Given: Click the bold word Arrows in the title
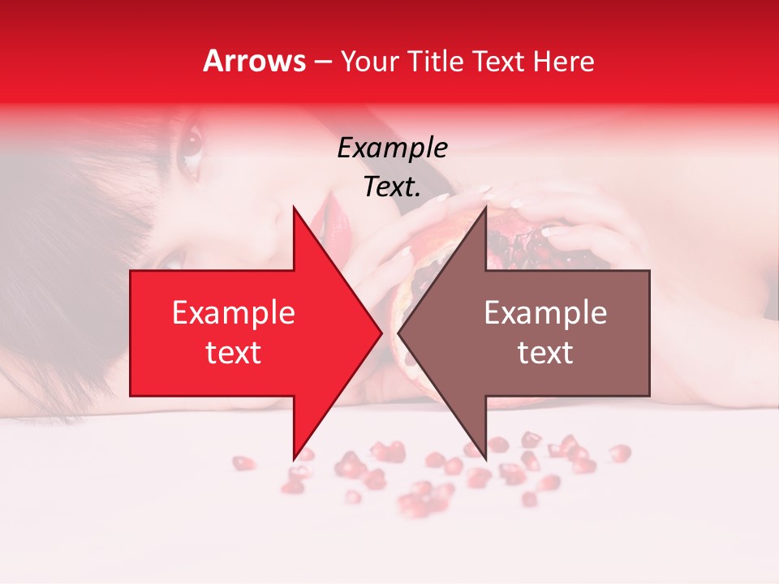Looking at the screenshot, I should tap(255, 61).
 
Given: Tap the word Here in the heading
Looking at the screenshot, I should tap(564, 61).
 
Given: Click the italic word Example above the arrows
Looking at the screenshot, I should tap(392, 148).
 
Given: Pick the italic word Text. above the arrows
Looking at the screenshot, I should tap(392, 187).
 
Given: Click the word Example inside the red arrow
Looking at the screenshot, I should tap(233, 312).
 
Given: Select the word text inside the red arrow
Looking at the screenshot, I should tap(233, 352).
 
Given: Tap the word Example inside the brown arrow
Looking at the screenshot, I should tap(545, 312).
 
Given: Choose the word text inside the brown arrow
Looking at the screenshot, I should tap(545, 352).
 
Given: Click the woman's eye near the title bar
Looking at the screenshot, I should tap(190, 144).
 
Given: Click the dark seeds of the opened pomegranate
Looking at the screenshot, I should tap(519, 243).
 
